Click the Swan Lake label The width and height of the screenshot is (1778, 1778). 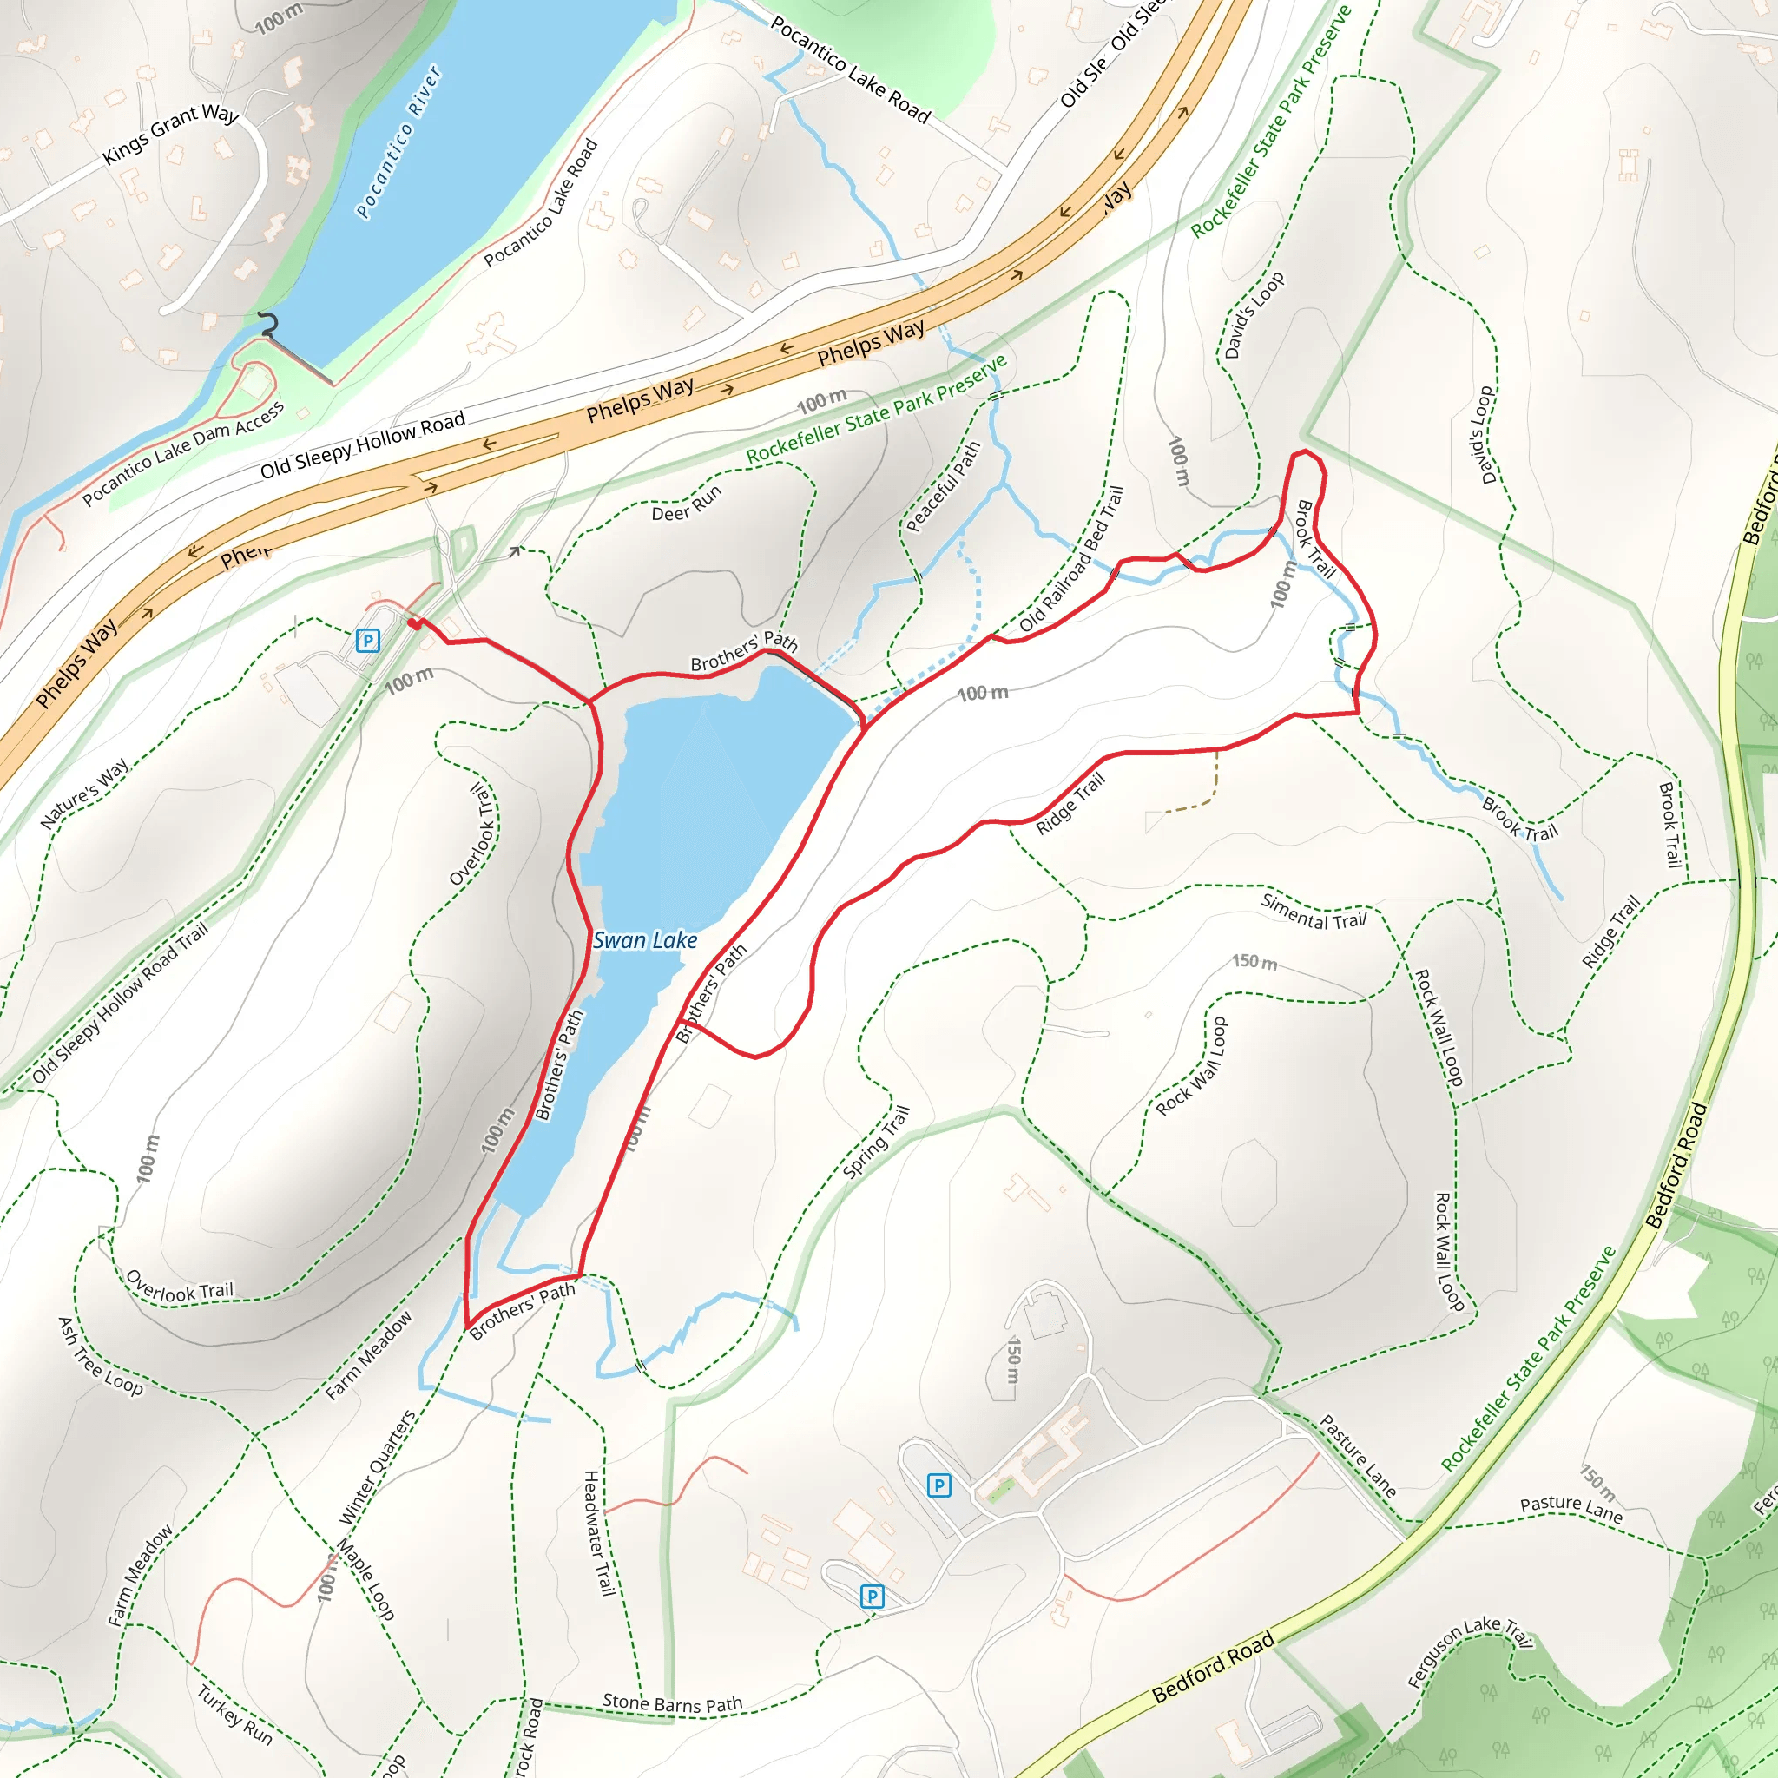coord(644,940)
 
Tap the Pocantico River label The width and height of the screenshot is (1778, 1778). coord(399,142)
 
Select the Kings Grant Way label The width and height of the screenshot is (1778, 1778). coord(170,134)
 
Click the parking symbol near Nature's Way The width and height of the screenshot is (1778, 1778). coord(367,640)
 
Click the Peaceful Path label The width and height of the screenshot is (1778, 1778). coord(944,487)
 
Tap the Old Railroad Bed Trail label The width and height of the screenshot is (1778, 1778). coord(1072,560)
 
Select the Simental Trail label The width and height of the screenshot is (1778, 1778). coord(1314,912)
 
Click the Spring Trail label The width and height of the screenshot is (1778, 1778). coord(876,1143)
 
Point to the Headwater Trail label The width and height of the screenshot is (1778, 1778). coord(598,1532)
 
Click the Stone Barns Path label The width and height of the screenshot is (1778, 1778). coord(672,1703)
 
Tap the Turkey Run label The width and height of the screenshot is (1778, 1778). coord(234,1715)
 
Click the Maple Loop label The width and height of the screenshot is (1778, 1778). coord(365,1579)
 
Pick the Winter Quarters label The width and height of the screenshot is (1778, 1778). coord(378,1467)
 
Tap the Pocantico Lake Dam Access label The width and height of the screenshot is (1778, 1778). coord(183,454)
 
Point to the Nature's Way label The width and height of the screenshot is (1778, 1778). coord(85,794)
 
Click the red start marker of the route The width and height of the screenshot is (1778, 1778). coord(414,623)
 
